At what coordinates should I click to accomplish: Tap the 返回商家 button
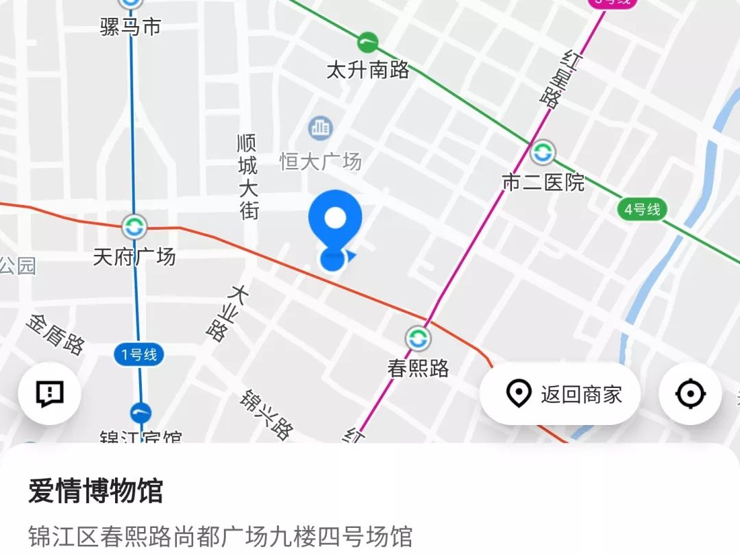point(560,394)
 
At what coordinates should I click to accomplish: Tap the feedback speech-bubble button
point(50,394)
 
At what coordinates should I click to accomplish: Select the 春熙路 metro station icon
point(418,338)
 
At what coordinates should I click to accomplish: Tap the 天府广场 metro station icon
point(134,226)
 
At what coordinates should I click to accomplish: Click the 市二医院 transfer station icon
point(543,152)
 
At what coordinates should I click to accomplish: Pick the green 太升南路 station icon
point(369,43)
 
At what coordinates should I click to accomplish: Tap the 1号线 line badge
point(139,354)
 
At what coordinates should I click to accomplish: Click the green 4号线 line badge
point(643,209)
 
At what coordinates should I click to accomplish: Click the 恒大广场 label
point(320,162)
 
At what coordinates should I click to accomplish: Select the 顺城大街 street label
point(248,176)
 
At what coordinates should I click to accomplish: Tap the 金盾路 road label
point(56,334)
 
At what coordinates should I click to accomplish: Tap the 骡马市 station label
point(130,27)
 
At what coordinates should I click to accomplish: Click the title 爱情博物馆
point(95,492)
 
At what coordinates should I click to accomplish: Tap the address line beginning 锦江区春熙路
point(220,535)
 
